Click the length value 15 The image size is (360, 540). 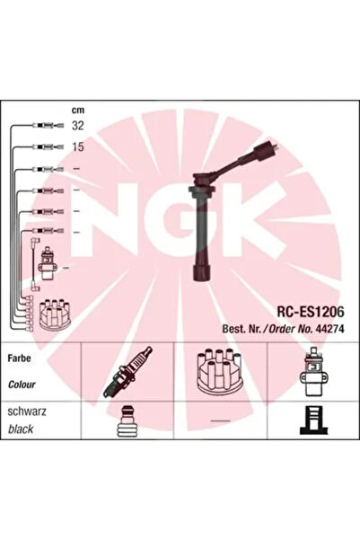[x=79, y=146]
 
